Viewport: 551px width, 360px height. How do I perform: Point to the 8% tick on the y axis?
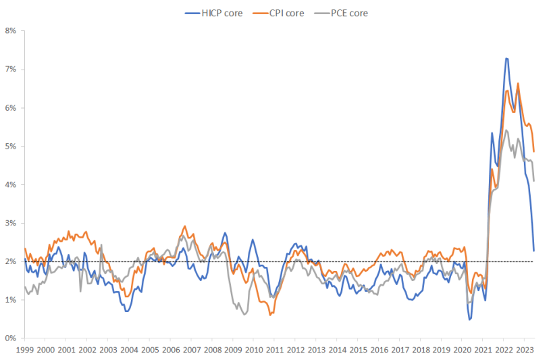(11, 31)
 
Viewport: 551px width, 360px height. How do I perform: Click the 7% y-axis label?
(11, 70)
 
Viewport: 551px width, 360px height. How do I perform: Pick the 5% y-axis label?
(11, 147)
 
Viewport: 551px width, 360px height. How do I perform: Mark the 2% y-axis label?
(11, 261)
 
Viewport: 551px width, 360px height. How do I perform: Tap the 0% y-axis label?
(11, 338)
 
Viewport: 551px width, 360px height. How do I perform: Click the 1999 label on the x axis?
(24, 350)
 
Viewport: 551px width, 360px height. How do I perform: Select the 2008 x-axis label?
(212, 350)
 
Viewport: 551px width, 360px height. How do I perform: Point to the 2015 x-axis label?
(359, 350)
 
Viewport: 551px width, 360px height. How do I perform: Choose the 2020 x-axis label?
(463, 350)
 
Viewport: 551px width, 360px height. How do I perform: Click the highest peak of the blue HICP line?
(506, 59)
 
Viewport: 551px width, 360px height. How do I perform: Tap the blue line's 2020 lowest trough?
(469, 319)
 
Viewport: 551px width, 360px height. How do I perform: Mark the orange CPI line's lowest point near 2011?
(269, 315)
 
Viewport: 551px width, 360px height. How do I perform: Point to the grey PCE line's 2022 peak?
(506, 130)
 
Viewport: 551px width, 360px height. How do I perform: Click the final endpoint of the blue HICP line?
(534, 251)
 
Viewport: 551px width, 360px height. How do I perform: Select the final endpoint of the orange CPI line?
(534, 151)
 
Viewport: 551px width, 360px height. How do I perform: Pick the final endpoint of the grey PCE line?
(534, 180)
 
